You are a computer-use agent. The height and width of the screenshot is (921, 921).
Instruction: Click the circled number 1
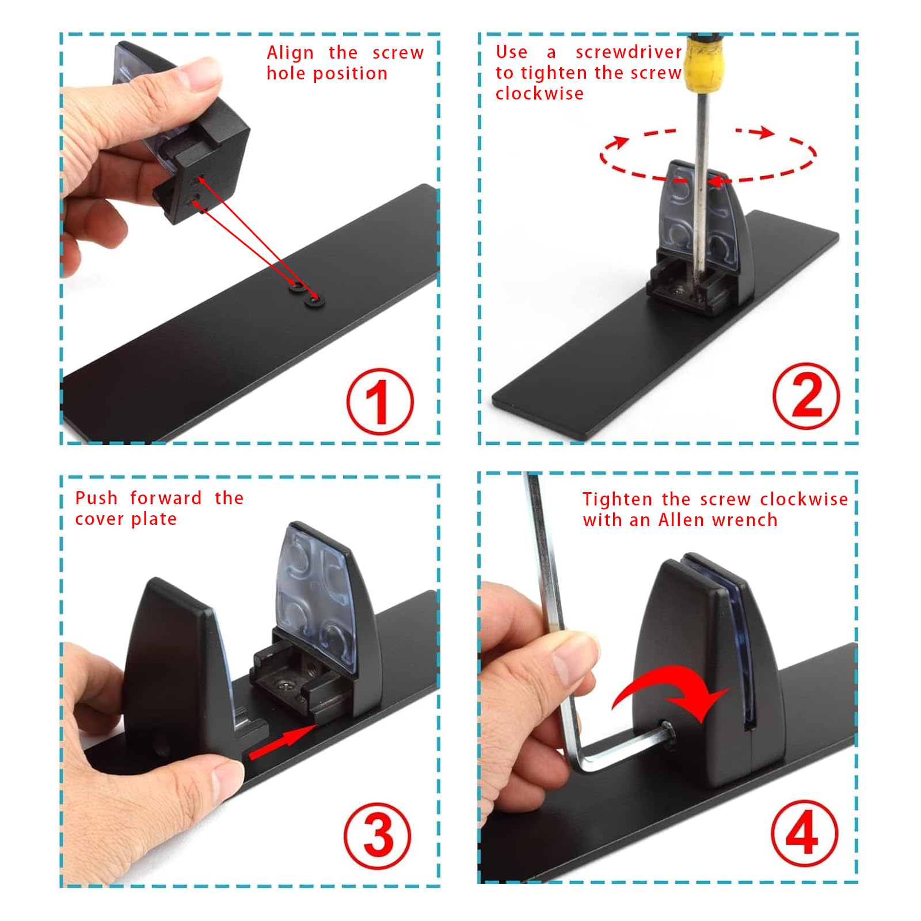point(380,401)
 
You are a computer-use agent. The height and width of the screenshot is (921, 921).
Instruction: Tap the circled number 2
point(806,395)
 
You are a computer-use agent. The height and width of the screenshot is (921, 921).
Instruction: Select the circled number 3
point(378,836)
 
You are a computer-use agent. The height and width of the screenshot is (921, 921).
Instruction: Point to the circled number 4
point(804,833)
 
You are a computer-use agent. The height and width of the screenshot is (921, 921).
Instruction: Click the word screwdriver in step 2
point(629,52)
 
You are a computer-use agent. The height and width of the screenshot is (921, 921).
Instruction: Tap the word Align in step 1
point(290,54)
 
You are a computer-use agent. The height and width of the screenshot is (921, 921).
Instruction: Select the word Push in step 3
point(97,498)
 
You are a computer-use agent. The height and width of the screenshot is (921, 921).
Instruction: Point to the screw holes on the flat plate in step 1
point(306,292)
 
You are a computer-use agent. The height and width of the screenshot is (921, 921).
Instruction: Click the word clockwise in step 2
point(539,93)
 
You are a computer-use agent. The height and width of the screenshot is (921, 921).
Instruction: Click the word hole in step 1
point(287,74)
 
